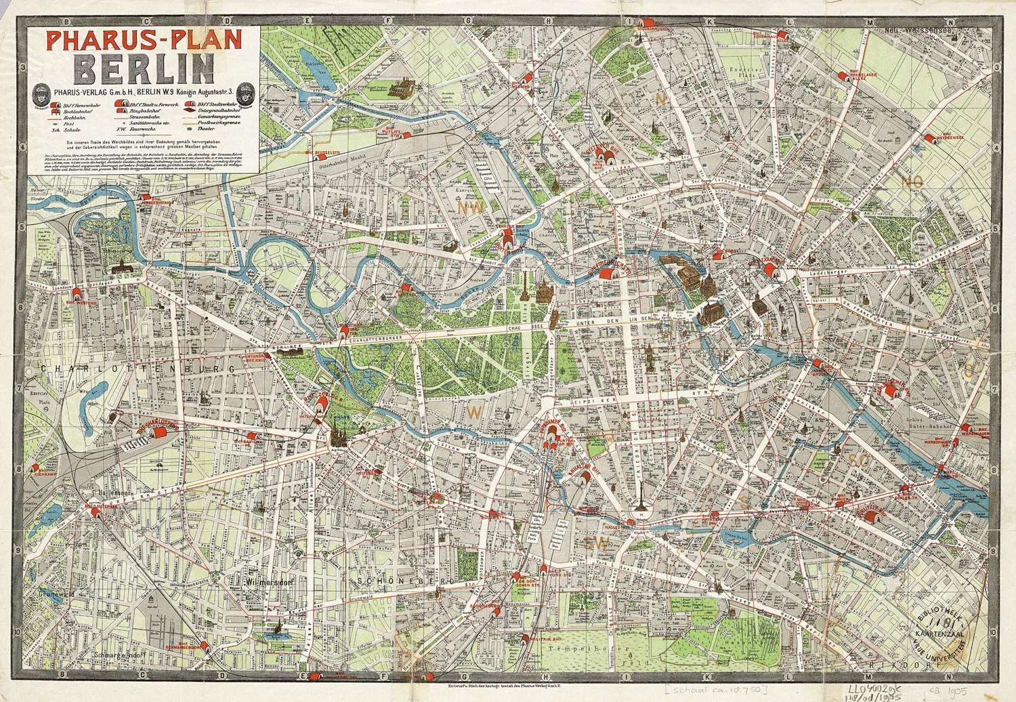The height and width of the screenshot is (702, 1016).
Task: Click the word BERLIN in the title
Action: coord(145,67)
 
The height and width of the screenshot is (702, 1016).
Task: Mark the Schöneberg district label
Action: coord(394,581)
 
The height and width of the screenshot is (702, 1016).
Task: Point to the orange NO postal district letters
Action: coord(912,181)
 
